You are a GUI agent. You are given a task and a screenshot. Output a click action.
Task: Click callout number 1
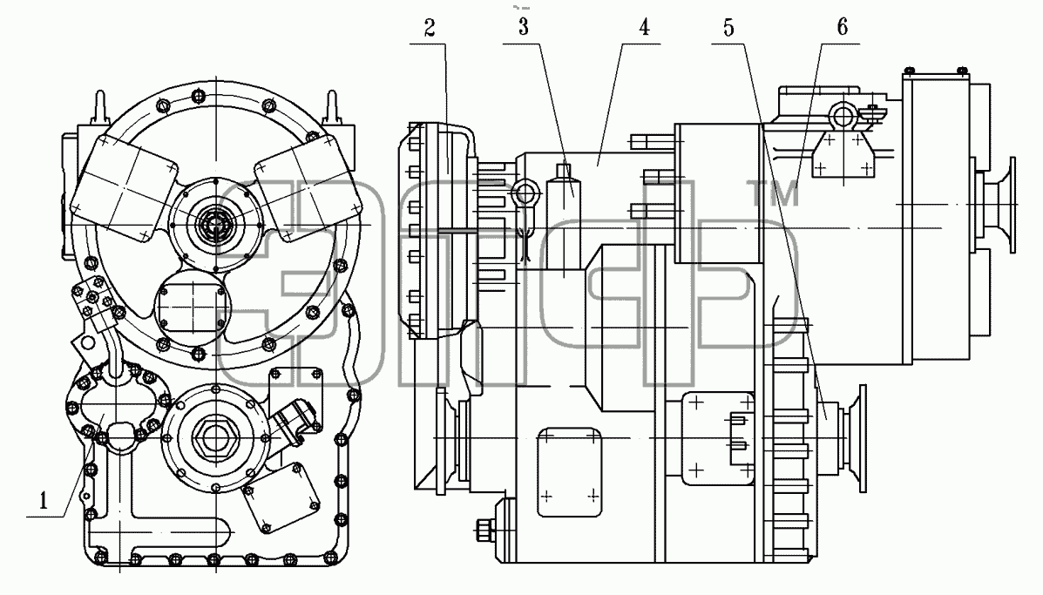click(44, 499)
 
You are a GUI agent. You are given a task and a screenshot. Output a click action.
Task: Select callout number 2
click(430, 28)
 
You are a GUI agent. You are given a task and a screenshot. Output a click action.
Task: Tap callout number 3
click(524, 27)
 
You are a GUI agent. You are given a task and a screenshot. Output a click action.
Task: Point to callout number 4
click(643, 27)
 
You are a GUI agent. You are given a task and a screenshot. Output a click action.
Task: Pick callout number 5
click(728, 28)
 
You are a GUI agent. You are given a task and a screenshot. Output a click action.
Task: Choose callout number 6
click(842, 27)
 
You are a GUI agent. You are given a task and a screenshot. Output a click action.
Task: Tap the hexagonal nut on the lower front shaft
click(214, 436)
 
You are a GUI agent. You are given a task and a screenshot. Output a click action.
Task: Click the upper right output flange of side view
click(998, 206)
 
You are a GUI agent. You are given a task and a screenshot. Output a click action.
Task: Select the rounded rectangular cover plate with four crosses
click(569, 472)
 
